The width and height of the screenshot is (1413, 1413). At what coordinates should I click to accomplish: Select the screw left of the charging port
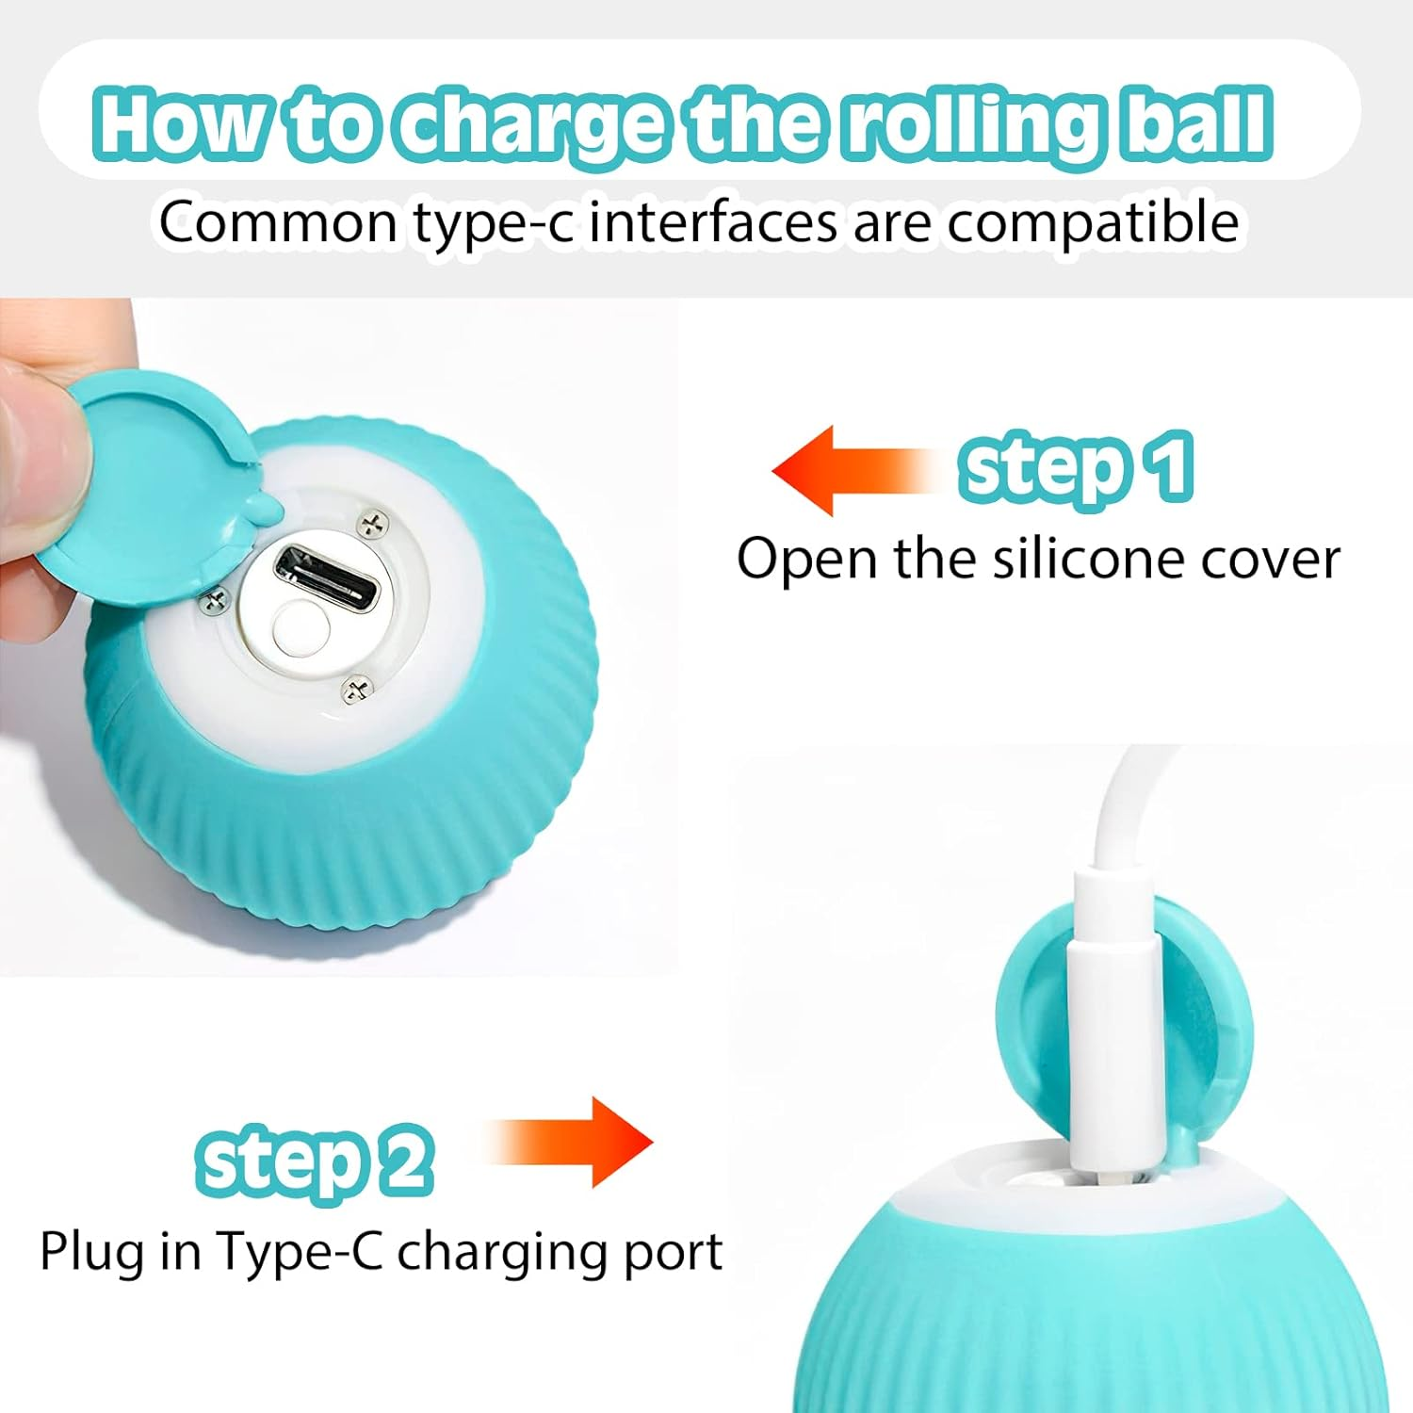[x=216, y=599]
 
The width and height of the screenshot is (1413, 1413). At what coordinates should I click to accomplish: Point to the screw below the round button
[x=356, y=690]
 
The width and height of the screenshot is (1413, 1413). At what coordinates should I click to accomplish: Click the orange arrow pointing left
[x=853, y=470]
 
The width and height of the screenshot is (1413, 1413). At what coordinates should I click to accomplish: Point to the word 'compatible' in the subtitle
[x=1092, y=224]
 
